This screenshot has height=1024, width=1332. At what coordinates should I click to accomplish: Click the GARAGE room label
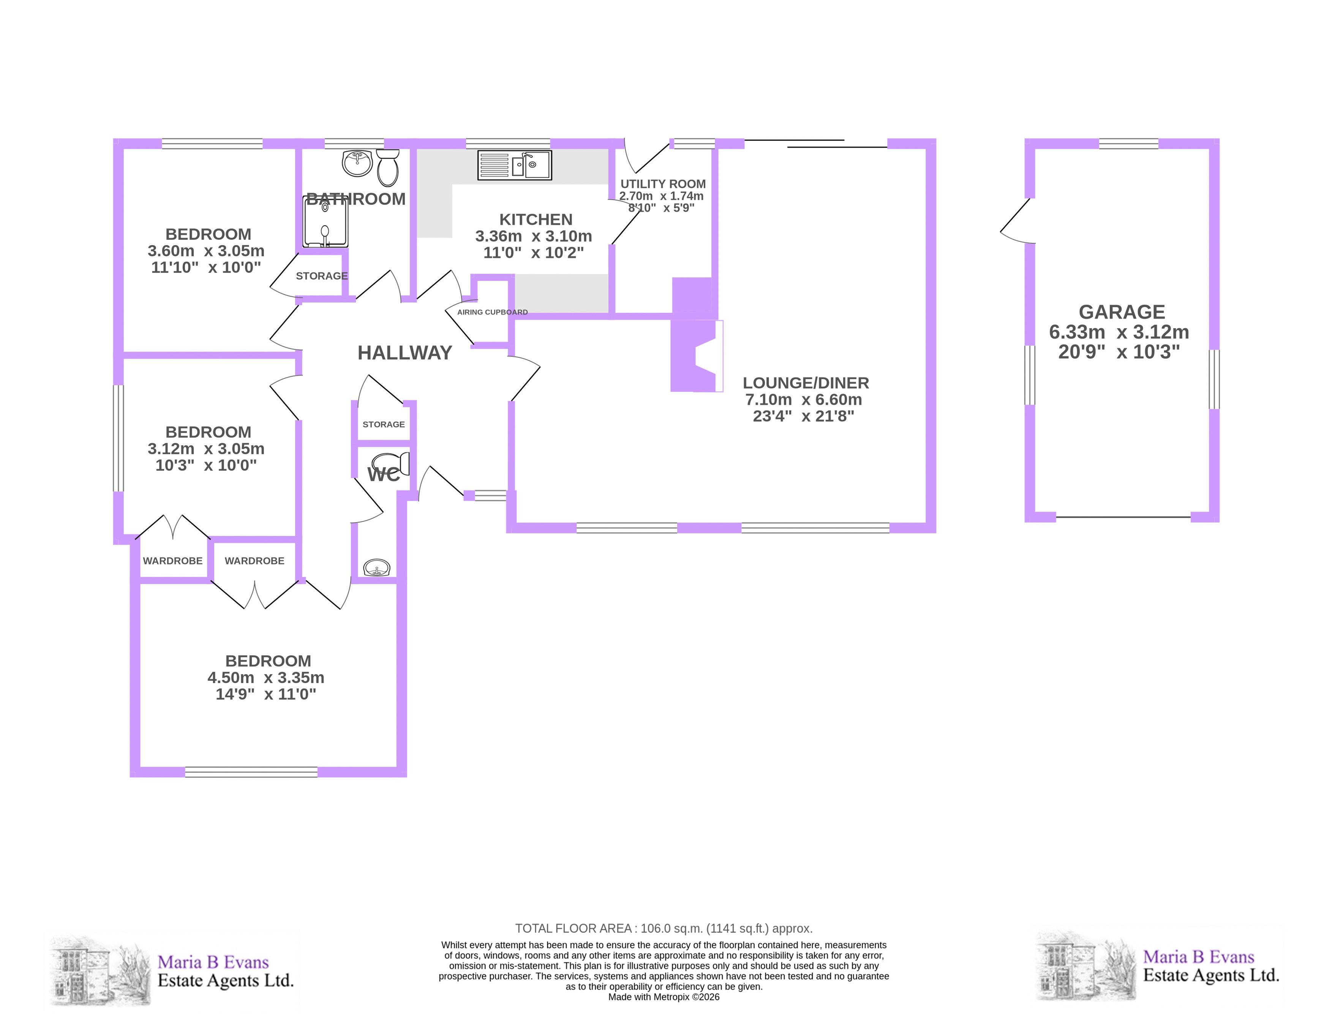coord(1122,312)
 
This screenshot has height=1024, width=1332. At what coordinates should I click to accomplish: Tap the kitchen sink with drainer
coord(515,165)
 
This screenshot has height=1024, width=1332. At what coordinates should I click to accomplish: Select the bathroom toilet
coord(388,168)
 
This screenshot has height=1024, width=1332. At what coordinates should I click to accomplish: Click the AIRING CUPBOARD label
coord(493,312)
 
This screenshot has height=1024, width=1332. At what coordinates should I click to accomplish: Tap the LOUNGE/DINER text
coord(806,383)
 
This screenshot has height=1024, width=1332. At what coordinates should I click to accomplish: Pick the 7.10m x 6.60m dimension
coord(804,400)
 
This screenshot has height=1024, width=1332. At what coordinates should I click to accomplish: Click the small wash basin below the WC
coord(377,568)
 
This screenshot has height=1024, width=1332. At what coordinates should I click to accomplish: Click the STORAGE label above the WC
coord(384,424)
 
